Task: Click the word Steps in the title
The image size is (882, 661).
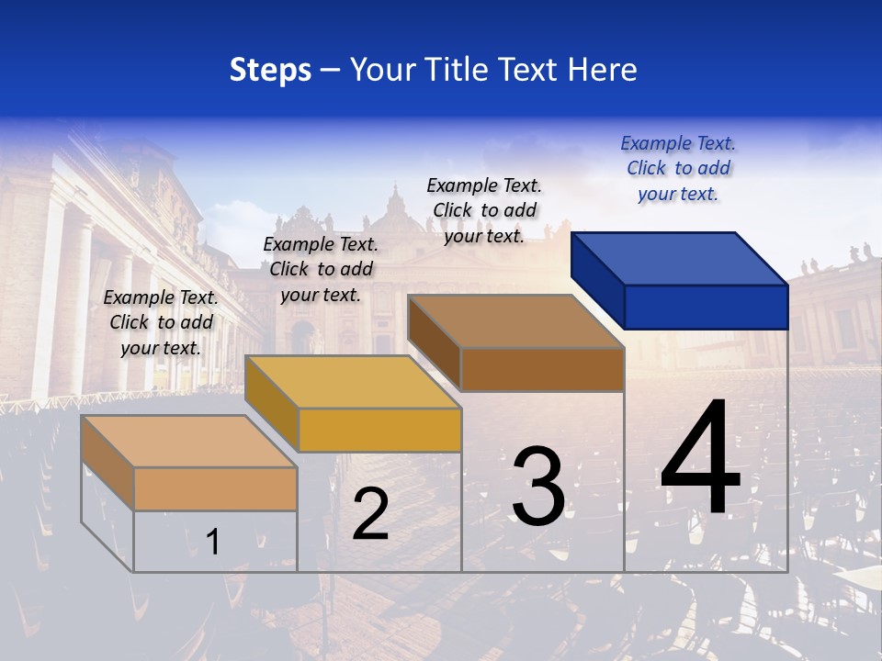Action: [270, 70]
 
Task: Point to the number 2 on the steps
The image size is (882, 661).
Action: [370, 514]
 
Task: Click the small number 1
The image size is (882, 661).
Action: [213, 542]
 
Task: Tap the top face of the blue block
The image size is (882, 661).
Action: [680, 258]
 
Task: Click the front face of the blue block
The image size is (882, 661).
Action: [706, 307]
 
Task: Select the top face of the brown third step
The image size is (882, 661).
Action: [516, 321]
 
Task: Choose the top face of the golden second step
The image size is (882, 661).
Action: [353, 382]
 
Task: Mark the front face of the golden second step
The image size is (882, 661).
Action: [379, 430]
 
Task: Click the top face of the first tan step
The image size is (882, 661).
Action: [189, 442]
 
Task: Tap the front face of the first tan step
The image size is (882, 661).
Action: [215, 488]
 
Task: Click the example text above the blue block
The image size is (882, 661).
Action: [678, 168]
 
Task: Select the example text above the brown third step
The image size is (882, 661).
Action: [484, 210]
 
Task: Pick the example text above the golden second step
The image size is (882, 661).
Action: [321, 269]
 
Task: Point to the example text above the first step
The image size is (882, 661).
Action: [161, 322]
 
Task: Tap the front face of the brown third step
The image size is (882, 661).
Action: [542, 369]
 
